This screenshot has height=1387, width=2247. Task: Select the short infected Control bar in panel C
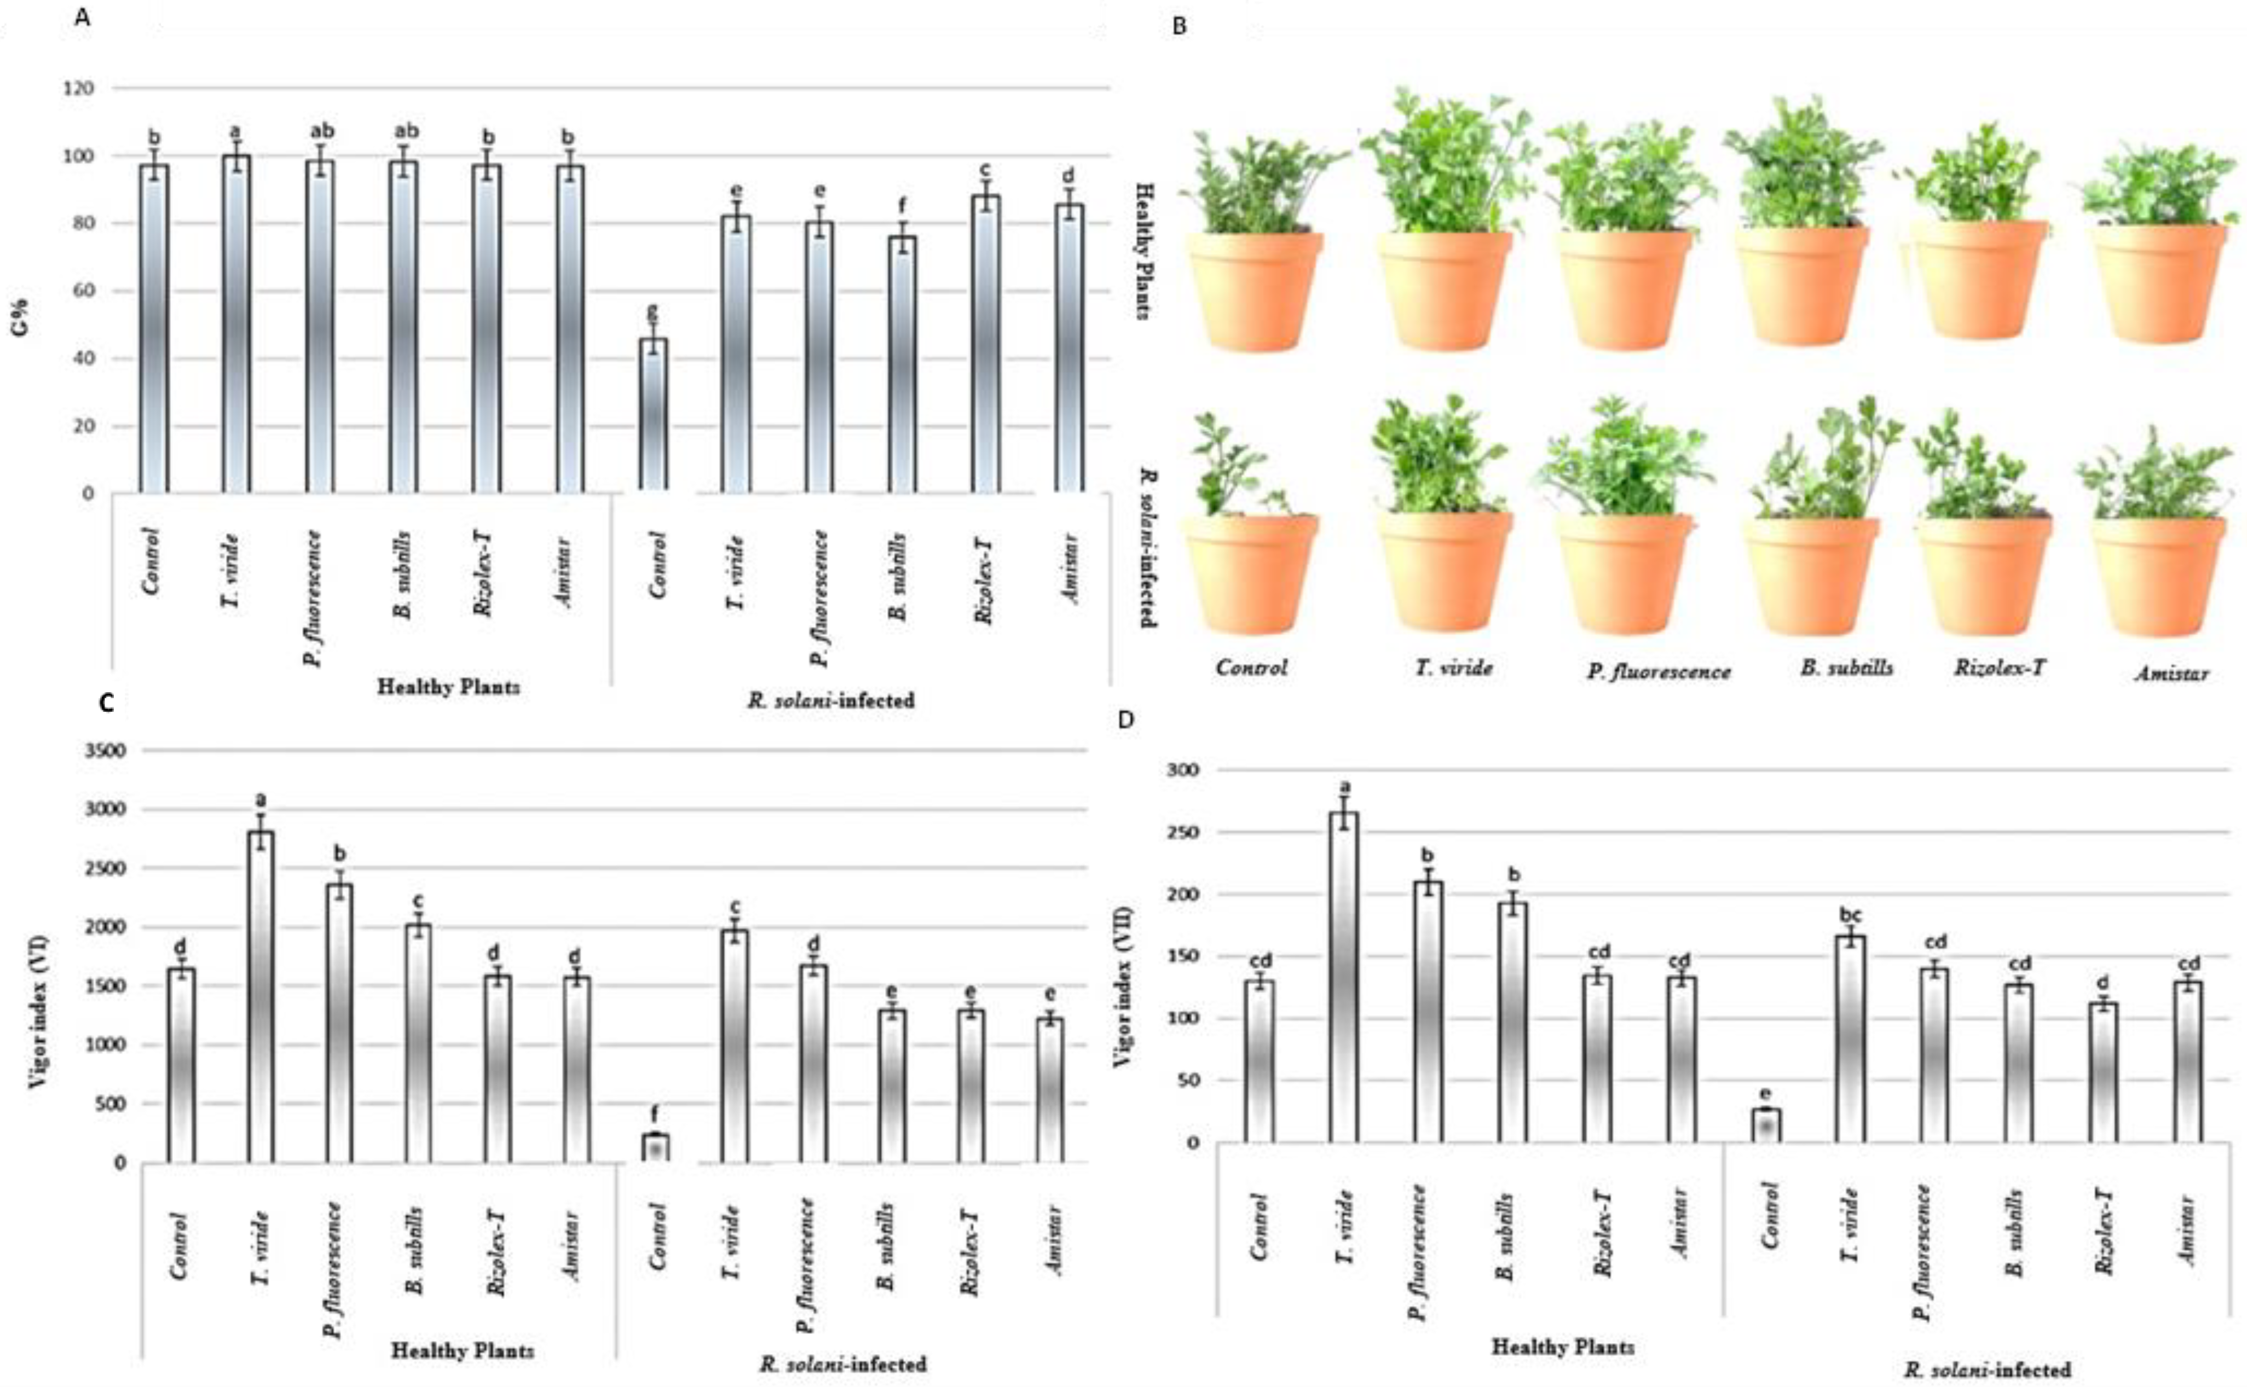click(x=655, y=1148)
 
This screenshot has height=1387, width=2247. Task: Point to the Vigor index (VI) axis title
click(x=38, y=1011)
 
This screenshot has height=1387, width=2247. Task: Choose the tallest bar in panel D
click(x=1345, y=977)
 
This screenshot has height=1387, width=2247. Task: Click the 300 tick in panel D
click(x=1183, y=770)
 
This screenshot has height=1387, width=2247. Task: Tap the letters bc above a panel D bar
click(x=1850, y=915)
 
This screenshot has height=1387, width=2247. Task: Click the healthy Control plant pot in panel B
click(x=1254, y=289)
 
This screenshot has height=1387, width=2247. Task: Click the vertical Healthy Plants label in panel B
click(x=1144, y=249)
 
